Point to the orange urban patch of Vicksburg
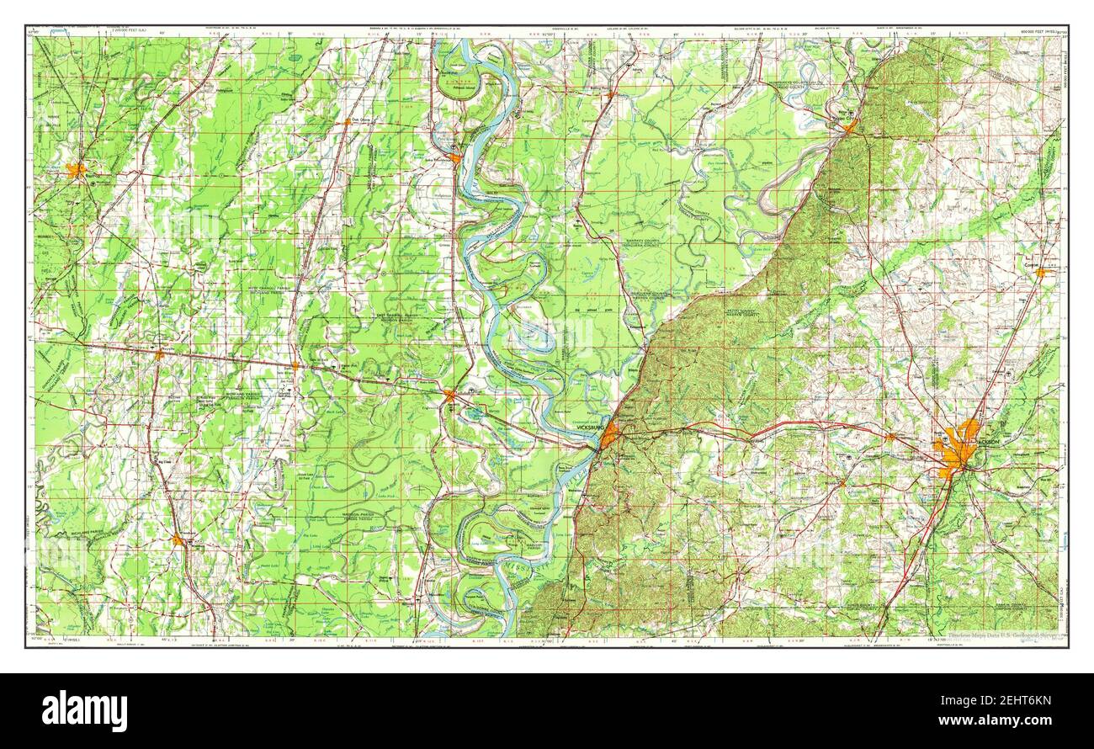608,435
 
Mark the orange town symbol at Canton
1040,273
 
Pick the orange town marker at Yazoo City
851,127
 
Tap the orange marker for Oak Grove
346,122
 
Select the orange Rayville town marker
158,355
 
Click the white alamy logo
84,710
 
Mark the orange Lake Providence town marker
454,157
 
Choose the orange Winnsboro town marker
178,540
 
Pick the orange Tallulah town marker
449,393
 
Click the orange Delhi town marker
295,366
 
